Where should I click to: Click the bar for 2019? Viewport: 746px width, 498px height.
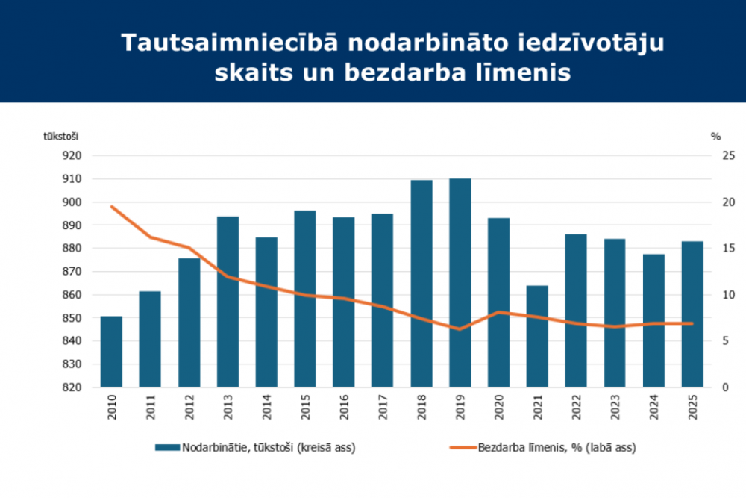click(460, 284)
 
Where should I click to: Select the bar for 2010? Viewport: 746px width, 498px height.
click(111, 352)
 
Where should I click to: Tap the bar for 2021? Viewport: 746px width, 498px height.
click(538, 336)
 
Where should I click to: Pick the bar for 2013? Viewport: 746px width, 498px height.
click(228, 302)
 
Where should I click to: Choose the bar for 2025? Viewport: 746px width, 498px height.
click(693, 314)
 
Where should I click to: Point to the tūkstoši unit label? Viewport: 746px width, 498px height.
click(61, 136)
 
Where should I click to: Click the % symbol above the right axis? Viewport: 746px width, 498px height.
click(715, 136)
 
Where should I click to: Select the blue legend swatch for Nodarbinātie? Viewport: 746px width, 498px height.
click(167, 447)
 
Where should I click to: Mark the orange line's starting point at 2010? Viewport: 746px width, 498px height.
click(111, 207)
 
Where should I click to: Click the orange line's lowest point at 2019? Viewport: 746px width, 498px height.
click(460, 329)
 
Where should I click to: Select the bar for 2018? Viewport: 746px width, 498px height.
click(421, 284)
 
